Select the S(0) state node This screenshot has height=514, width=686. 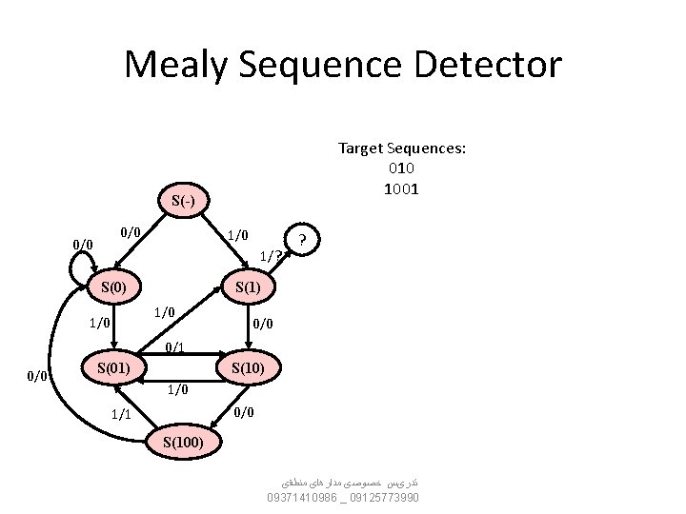click(x=114, y=287)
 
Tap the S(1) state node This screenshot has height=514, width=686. click(x=248, y=287)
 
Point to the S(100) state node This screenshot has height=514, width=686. click(x=181, y=442)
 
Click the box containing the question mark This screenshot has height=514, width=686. click(x=302, y=239)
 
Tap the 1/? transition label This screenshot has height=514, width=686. click(x=271, y=255)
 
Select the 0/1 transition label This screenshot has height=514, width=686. click(x=174, y=348)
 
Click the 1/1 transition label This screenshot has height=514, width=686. click(x=121, y=414)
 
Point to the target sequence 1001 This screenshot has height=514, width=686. click(x=401, y=188)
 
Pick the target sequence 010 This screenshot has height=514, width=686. click(x=401, y=168)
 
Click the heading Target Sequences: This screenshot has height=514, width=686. click(x=401, y=148)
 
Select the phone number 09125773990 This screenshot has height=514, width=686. click(x=385, y=498)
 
